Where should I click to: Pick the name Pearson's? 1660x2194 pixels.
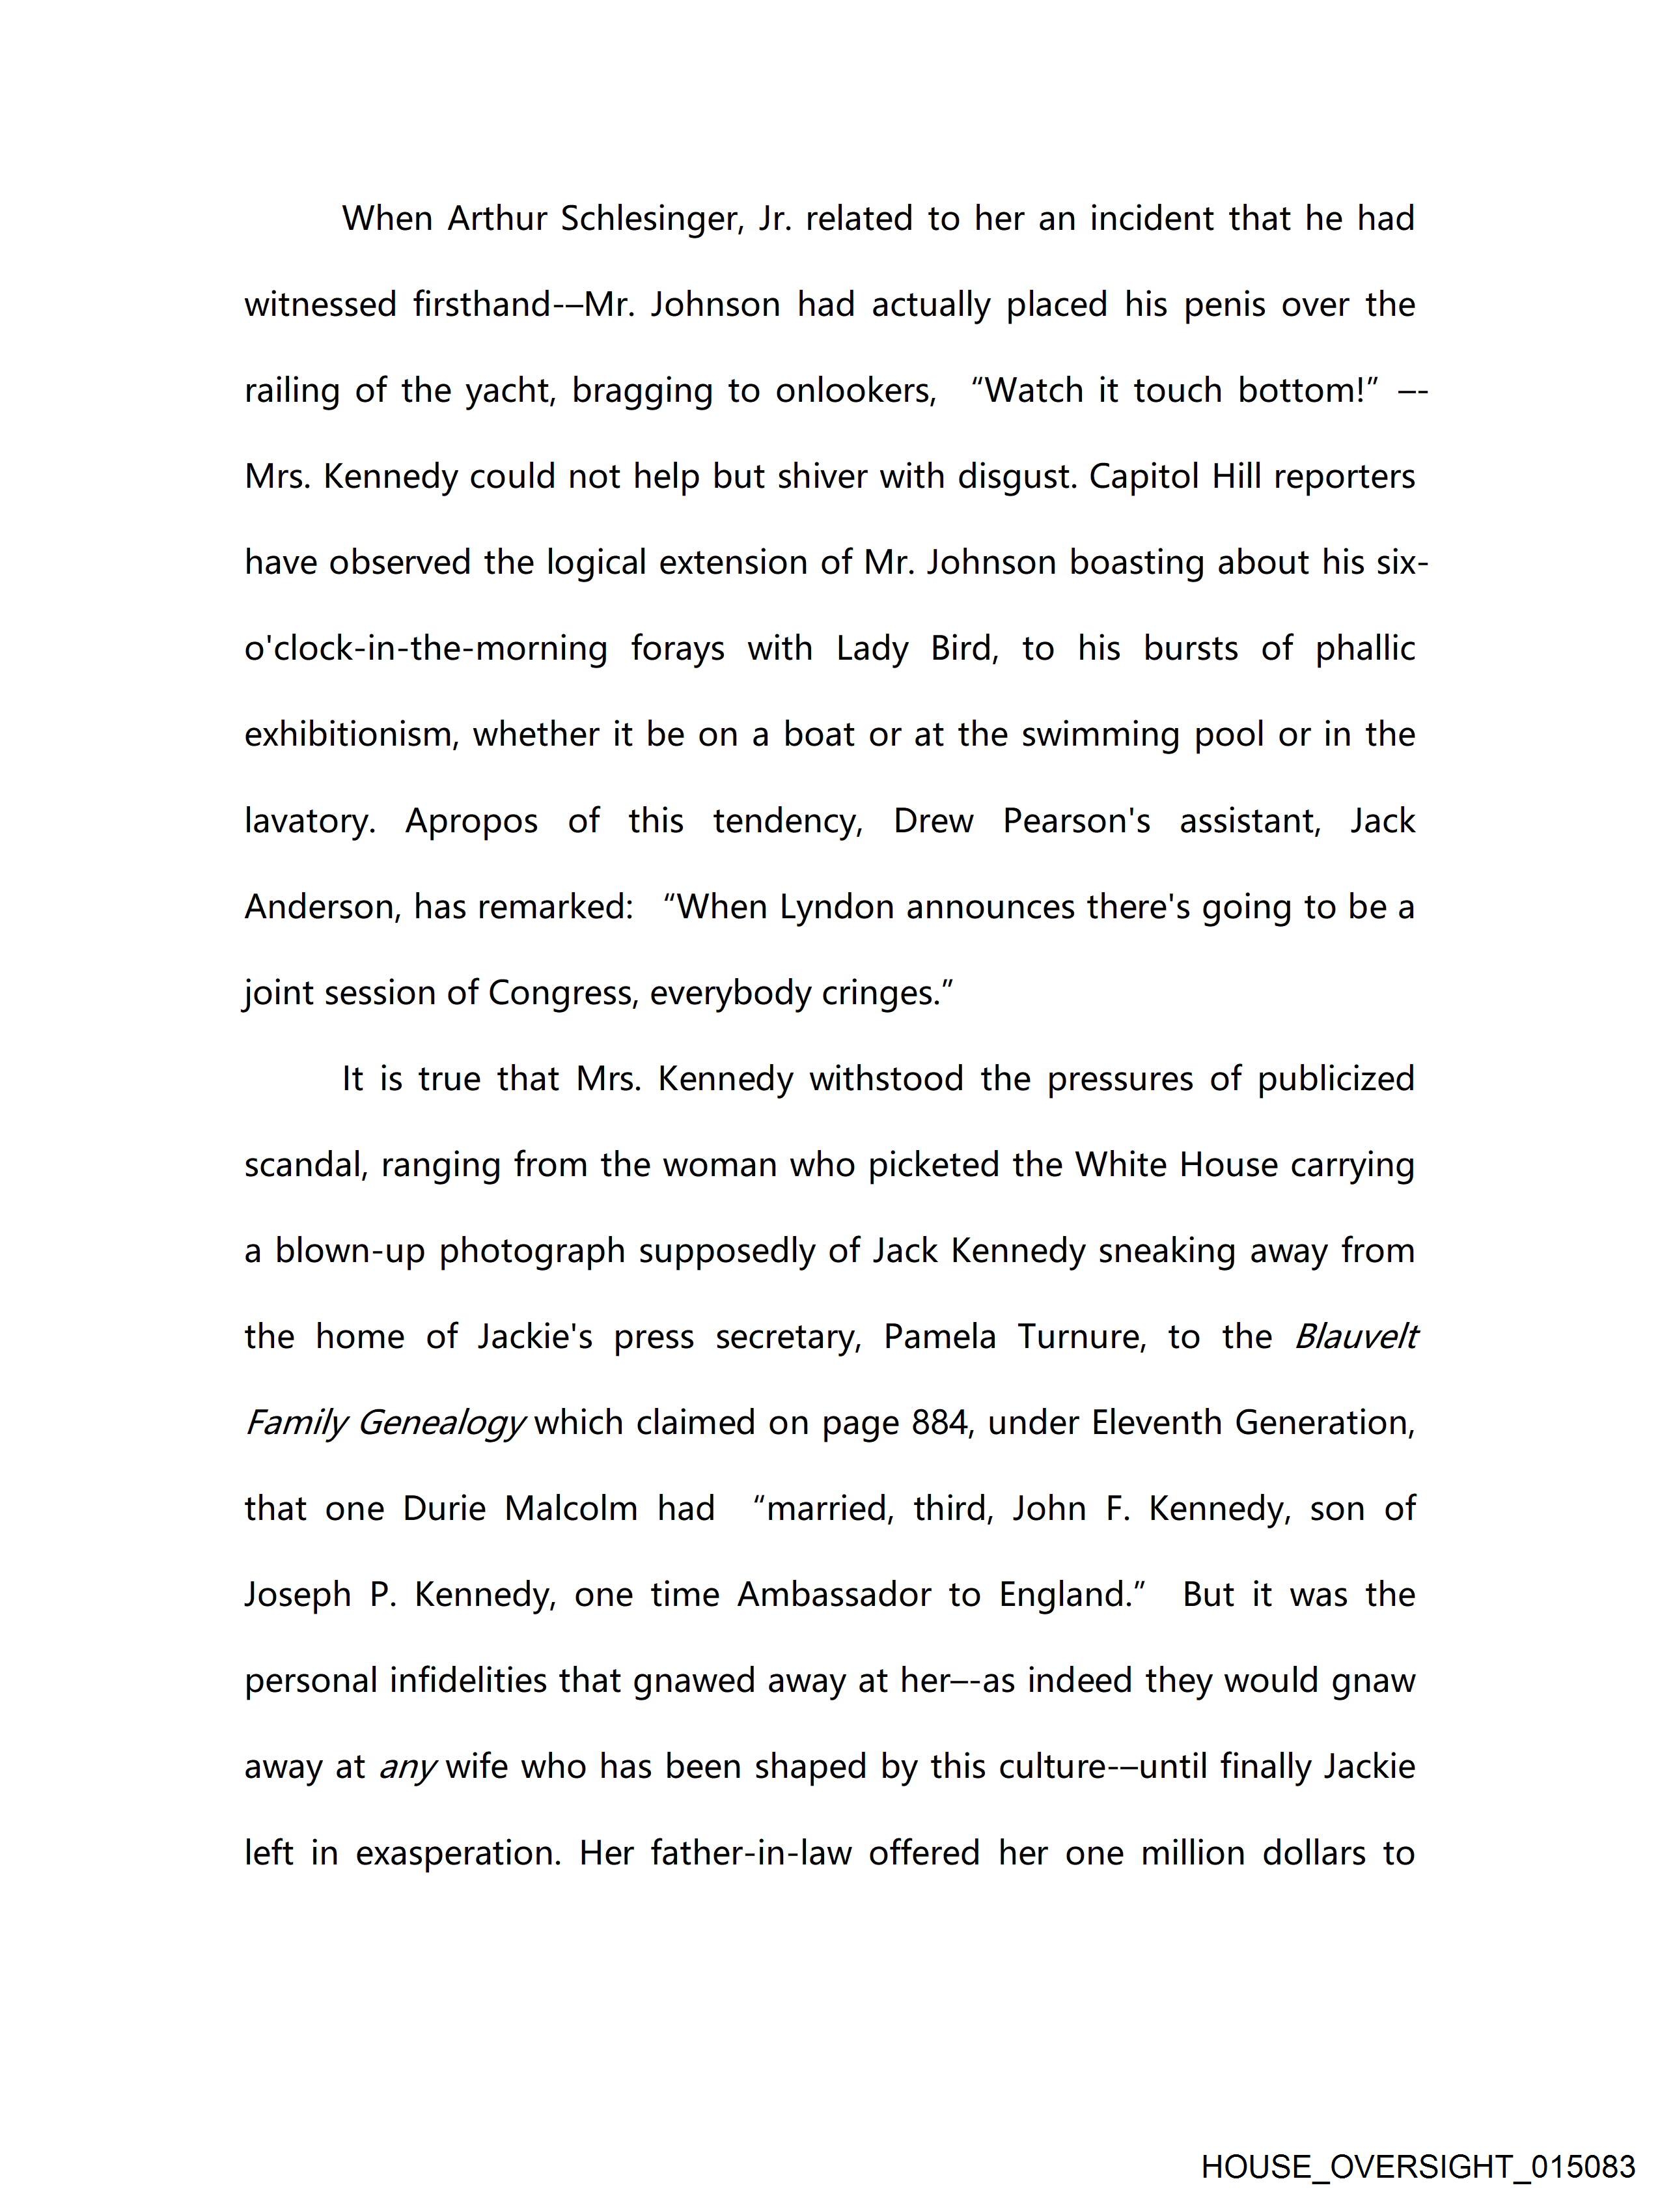pyautogui.click(x=1076, y=821)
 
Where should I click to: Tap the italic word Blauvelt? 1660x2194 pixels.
pyautogui.click(x=1355, y=1337)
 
